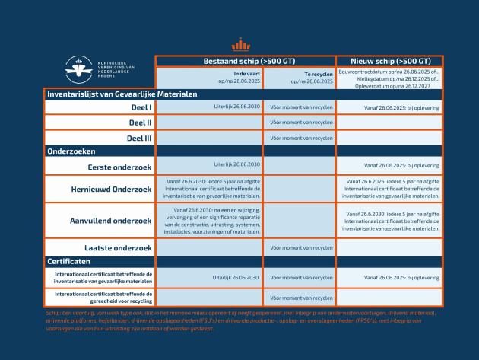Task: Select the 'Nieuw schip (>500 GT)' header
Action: point(389,61)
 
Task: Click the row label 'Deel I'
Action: point(141,107)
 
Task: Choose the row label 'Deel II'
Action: point(139,122)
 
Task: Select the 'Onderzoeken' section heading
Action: point(70,151)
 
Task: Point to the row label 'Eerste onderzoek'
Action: point(119,165)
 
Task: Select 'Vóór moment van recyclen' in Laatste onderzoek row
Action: point(300,247)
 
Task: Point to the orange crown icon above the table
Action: point(240,43)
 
